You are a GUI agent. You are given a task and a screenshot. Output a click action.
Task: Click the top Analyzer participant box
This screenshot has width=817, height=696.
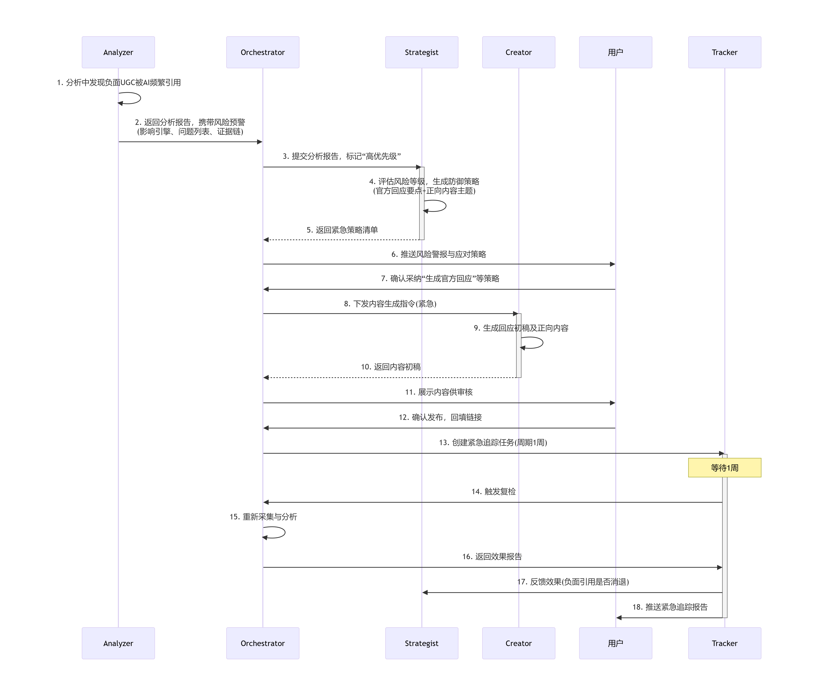coord(118,52)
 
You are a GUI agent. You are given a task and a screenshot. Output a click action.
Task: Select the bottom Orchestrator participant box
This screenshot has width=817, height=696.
coord(262,643)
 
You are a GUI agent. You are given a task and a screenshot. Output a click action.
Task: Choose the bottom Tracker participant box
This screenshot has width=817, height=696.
coord(724,643)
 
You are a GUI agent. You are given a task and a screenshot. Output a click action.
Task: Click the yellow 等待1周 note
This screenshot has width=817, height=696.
coord(724,468)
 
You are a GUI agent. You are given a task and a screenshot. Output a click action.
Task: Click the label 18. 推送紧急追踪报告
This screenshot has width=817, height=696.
coord(670,607)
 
